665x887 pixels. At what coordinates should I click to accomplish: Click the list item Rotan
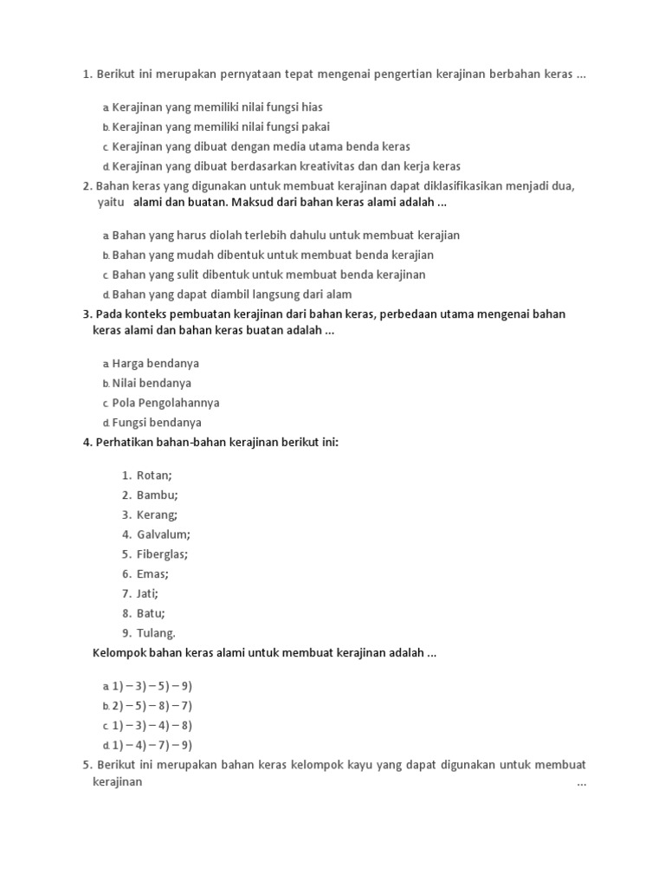click(154, 476)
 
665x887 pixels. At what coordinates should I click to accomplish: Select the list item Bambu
click(157, 495)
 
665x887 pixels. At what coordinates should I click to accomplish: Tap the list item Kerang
click(158, 515)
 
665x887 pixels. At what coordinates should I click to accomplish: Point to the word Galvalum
click(163, 534)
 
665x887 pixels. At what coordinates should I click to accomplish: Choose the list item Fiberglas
click(162, 554)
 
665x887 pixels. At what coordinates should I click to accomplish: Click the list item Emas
click(152, 574)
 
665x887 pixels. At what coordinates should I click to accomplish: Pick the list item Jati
click(147, 594)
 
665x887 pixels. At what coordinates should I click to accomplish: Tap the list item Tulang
click(156, 633)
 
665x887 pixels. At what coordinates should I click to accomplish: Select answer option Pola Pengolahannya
click(165, 404)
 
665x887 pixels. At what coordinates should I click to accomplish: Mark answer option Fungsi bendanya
click(157, 424)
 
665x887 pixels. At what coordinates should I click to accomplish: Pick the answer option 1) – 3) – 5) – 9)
click(152, 686)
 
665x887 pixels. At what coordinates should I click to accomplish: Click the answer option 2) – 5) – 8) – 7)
click(152, 706)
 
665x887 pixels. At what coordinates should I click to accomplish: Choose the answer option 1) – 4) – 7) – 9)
click(152, 746)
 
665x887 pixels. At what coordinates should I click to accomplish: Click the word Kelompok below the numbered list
click(120, 653)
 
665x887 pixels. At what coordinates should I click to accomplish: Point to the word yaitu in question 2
click(110, 203)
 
